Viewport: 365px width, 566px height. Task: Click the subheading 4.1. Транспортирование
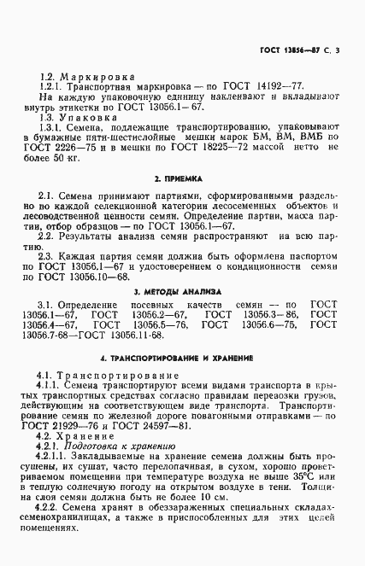click(108, 375)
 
